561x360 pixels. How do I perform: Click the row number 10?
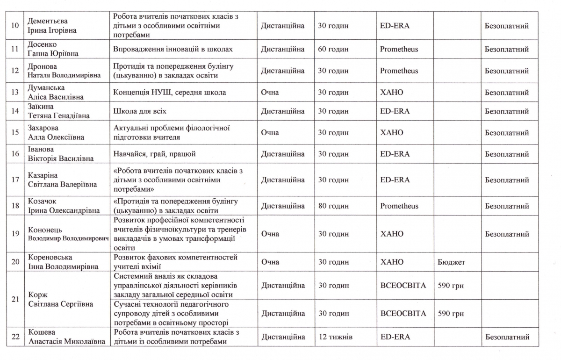[x=14, y=26]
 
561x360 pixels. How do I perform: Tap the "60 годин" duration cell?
[x=333, y=49]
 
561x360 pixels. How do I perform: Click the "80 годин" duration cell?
[x=333, y=206]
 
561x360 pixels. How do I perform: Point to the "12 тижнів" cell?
[x=335, y=337]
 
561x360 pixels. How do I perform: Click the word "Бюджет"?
[x=451, y=262]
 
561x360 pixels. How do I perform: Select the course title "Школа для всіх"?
[x=140, y=111]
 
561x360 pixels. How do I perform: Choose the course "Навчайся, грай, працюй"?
[x=154, y=154]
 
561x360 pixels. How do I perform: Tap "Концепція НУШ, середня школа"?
[x=170, y=93]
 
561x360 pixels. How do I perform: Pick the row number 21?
[x=14, y=299]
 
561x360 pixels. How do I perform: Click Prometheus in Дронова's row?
[x=399, y=71]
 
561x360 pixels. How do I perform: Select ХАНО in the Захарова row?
[x=391, y=132]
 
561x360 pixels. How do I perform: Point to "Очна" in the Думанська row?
[x=270, y=93]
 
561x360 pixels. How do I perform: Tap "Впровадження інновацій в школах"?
[x=173, y=49]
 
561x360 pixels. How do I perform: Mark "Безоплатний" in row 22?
[x=506, y=337]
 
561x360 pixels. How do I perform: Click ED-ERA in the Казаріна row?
[x=395, y=180]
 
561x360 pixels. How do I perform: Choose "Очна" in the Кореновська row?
[x=270, y=262]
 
